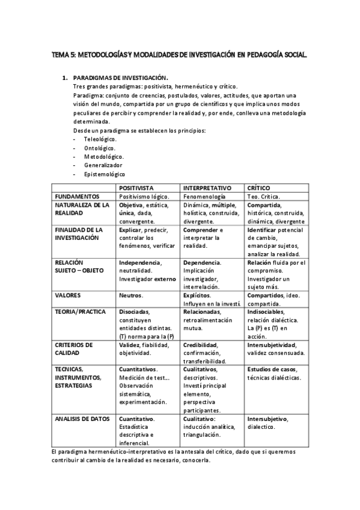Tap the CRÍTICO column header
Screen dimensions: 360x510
(x=259, y=188)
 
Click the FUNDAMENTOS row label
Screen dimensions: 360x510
(x=77, y=196)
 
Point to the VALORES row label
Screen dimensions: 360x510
(x=69, y=296)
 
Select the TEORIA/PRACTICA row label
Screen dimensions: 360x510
(x=81, y=312)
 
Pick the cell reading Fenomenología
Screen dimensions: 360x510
(x=204, y=196)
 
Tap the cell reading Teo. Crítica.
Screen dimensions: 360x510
(x=263, y=196)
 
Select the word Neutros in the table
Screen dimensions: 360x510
(x=131, y=296)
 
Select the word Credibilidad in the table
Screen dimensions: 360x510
(x=201, y=345)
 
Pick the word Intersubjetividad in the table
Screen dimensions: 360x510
(x=272, y=345)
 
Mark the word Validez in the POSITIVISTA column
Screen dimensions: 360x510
(x=129, y=345)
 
